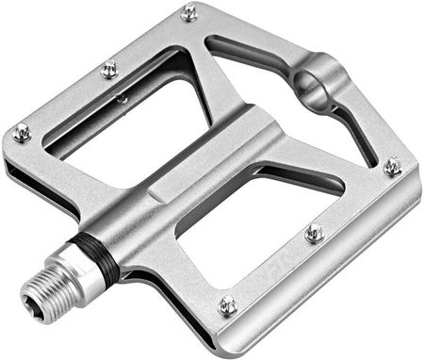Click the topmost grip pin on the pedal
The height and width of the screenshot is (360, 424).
(189, 12)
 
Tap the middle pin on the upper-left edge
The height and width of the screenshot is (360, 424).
(109, 69)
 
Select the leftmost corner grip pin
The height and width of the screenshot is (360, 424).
(21, 133)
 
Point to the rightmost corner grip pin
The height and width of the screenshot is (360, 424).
(392, 166)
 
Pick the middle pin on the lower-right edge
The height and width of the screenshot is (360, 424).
(314, 232)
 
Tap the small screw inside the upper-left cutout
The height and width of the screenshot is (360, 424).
(122, 98)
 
